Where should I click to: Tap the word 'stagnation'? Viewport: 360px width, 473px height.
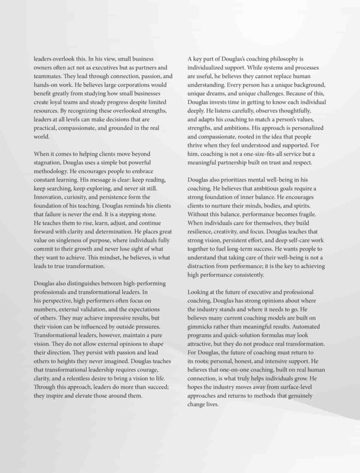pyautogui.click(x=49, y=162)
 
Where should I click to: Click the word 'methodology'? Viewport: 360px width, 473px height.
pyautogui.click(x=53, y=171)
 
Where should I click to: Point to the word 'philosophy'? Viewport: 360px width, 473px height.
pyautogui.click(x=272, y=59)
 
